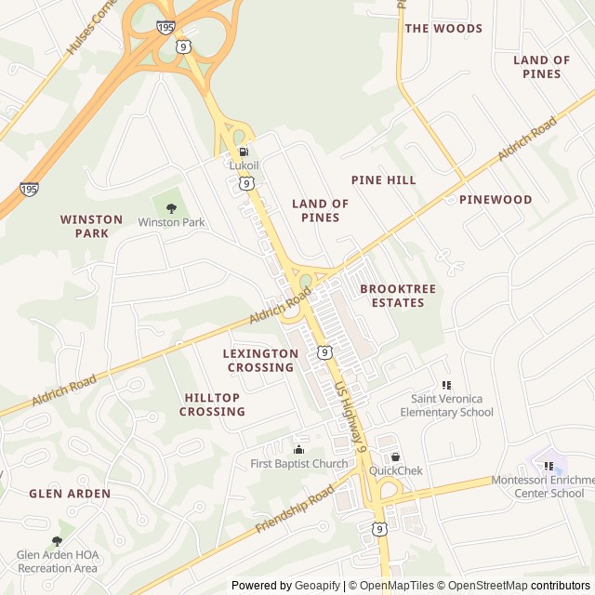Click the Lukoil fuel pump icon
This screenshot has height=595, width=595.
(244, 152)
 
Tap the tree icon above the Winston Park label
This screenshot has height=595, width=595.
(171, 208)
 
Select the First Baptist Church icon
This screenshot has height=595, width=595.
(298, 450)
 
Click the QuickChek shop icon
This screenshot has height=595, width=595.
(396, 456)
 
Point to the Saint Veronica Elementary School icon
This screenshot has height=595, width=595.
(446, 385)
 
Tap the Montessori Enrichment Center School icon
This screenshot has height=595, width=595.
(549, 466)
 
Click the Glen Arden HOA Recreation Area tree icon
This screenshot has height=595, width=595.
(57, 541)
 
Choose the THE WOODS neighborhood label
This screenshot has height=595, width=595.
(443, 28)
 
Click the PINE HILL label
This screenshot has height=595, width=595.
(383, 179)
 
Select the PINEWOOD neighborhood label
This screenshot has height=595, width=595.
(496, 199)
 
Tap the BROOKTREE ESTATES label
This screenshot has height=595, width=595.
(398, 296)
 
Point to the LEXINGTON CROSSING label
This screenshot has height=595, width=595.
(261, 360)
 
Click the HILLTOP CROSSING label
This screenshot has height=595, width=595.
(212, 404)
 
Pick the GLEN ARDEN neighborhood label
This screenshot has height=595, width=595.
(70, 494)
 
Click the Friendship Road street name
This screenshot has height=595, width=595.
(294, 509)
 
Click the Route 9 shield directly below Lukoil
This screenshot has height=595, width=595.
(245, 184)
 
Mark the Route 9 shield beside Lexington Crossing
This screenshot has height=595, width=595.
(323, 351)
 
